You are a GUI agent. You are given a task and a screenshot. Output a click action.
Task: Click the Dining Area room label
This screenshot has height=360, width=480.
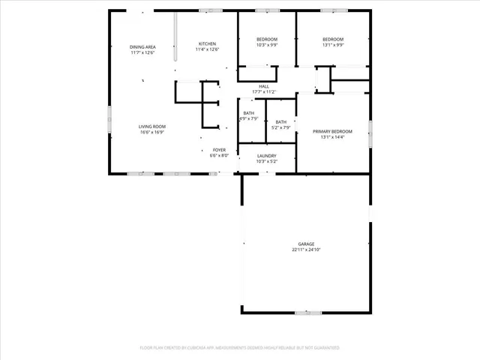pyautogui.click(x=142, y=46)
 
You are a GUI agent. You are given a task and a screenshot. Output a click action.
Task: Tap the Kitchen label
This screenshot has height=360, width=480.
pyautogui.click(x=207, y=43)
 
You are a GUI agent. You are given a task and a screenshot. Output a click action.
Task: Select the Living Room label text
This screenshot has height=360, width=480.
pyautogui.click(x=151, y=126)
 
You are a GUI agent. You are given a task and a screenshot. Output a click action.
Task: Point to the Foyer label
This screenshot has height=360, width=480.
pyautogui.click(x=218, y=150)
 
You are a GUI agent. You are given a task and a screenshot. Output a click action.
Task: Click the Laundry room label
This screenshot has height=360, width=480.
pyautogui.click(x=267, y=155)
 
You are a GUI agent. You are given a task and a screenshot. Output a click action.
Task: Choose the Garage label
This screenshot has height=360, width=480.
pyautogui.click(x=305, y=244)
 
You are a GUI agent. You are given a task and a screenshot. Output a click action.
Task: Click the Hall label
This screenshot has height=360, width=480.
pyautogui.click(x=264, y=86)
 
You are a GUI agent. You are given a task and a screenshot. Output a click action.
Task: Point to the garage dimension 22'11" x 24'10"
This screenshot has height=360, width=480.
pyautogui.click(x=305, y=249)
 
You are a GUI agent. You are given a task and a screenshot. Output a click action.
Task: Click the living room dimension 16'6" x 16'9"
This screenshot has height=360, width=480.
pyautogui.click(x=151, y=132)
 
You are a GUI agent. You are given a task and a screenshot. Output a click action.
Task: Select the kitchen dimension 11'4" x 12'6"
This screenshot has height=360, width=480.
pyautogui.click(x=207, y=49)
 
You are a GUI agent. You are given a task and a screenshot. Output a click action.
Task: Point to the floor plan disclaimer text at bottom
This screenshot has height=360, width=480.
pyautogui.click(x=240, y=348)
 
